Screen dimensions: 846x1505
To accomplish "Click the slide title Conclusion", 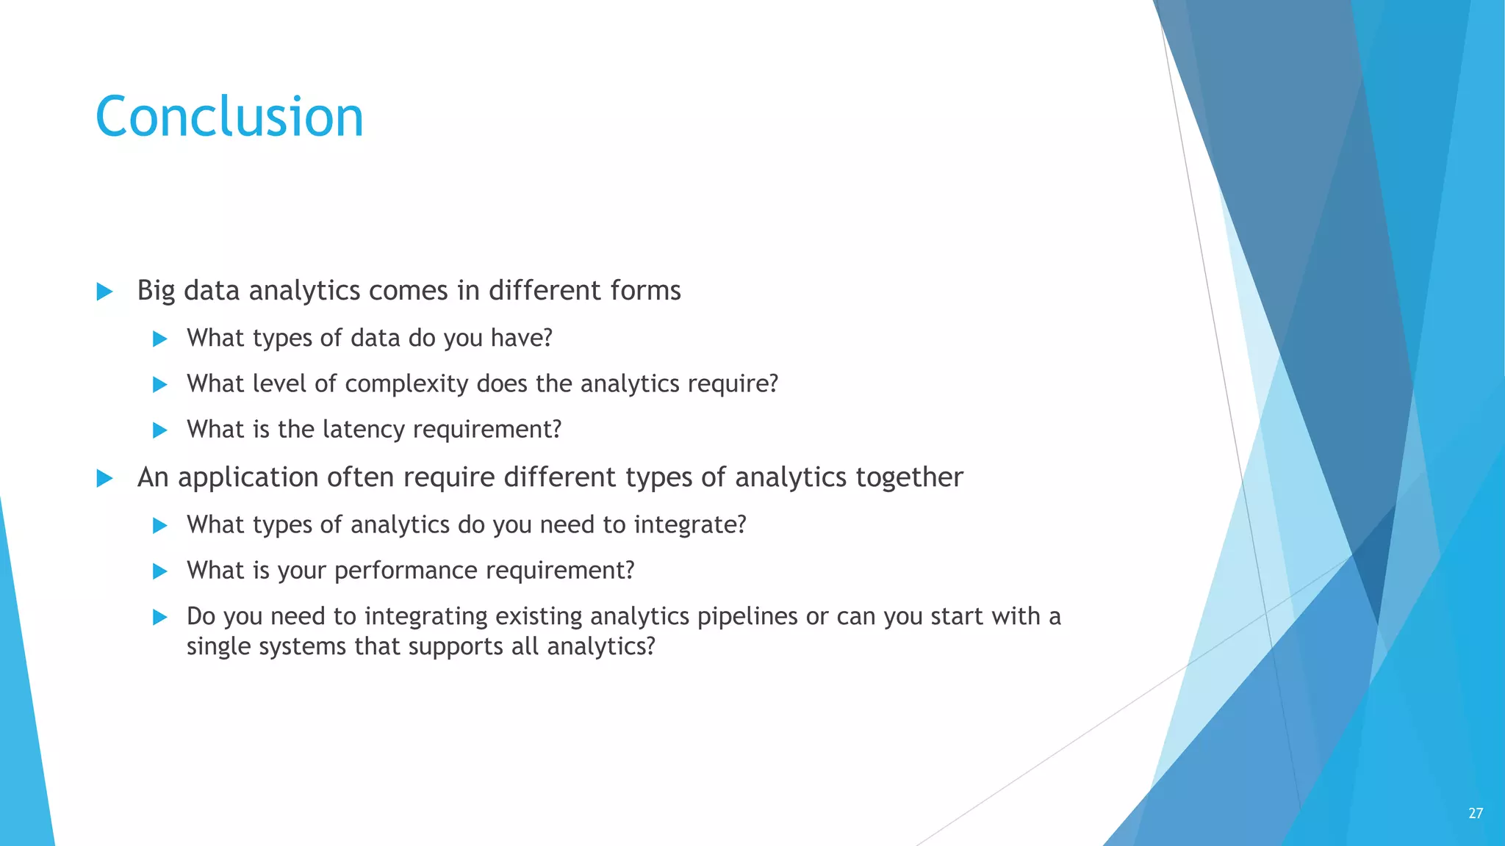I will pyautogui.click(x=229, y=117).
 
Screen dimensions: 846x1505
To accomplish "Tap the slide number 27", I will pyautogui.click(x=1475, y=813).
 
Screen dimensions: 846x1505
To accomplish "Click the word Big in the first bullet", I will pyautogui.click(x=156, y=291).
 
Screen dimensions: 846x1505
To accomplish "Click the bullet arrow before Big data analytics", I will pyautogui.click(x=104, y=292).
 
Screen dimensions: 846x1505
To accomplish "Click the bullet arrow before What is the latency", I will pyautogui.click(x=159, y=430).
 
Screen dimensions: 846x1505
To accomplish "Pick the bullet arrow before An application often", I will pyautogui.click(x=104, y=479).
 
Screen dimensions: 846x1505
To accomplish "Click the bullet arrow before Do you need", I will pyautogui.click(x=159, y=617).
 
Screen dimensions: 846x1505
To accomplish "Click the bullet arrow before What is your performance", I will pyautogui.click(x=159, y=571).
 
